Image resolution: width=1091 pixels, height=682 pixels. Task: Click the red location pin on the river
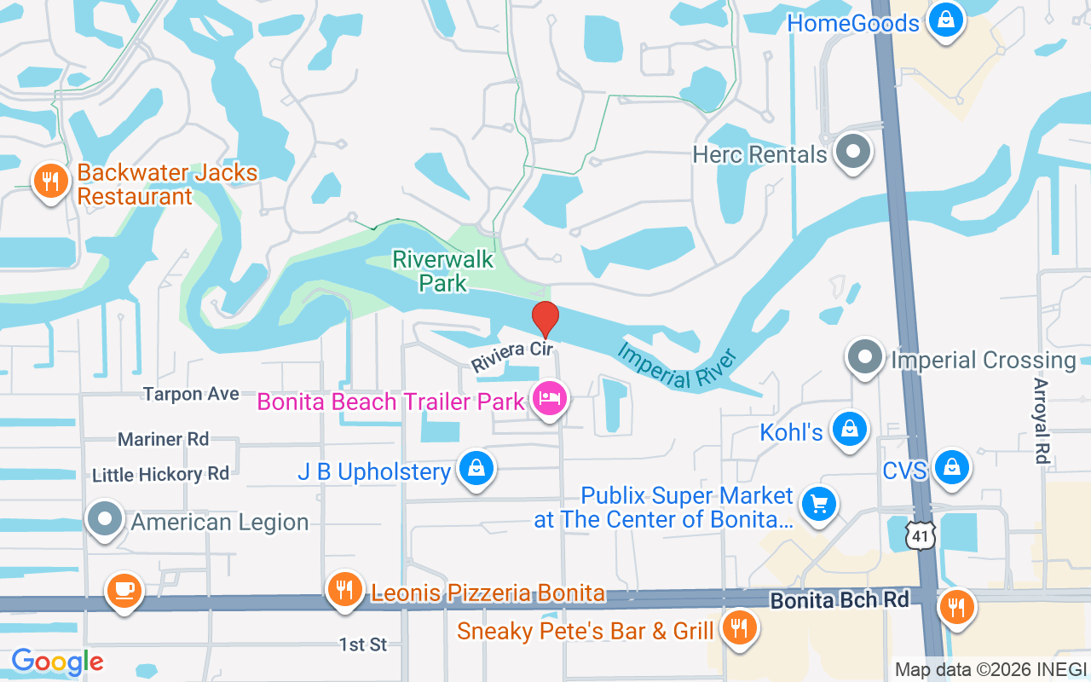click(x=545, y=319)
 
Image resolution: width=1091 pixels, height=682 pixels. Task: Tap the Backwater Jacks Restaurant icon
click(x=51, y=182)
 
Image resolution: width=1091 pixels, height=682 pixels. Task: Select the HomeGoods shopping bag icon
click(x=944, y=20)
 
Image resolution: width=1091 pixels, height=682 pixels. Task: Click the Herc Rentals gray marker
click(x=851, y=153)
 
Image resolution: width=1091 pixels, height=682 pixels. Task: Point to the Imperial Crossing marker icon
click(x=866, y=358)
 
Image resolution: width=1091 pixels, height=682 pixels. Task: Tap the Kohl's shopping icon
click(x=850, y=430)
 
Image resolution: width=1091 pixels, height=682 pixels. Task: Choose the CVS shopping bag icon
click(x=951, y=468)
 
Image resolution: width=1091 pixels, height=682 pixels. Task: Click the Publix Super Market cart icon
click(x=820, y=505)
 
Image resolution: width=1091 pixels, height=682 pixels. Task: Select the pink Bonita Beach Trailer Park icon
click(x=550, y=399)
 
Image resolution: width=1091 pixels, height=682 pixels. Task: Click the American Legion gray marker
click(x=106, y=520)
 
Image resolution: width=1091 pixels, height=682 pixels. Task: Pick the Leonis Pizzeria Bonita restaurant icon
click(x=344, y=590)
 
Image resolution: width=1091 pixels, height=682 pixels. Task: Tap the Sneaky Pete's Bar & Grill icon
click(x=738, y=629)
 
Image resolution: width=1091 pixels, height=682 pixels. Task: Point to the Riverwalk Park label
click(x=443, y=270)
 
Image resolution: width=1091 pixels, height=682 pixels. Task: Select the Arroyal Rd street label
click(x=1042, y=421)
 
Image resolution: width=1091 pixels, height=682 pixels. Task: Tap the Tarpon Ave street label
click(x=191, y=394)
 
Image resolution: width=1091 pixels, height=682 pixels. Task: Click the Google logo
click(x=57, y=662)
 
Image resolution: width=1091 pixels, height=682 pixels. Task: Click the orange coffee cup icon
click(x=124, y=590)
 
